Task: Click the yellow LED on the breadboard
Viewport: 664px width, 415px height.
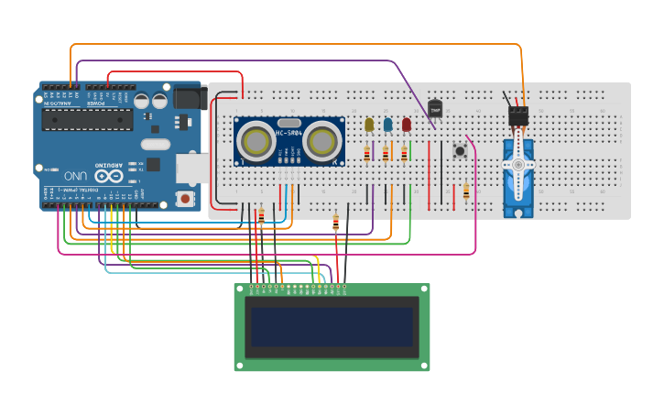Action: [x=369, y=126]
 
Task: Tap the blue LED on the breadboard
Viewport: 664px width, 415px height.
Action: [x=387, y=126]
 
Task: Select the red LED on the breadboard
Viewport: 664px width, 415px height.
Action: [x=407, y=126]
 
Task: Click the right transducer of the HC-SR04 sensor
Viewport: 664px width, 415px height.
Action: [x=322, y=140]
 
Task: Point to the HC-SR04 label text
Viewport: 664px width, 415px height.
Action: [x=288, y=134]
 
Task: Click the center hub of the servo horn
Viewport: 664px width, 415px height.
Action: [x=518, y=165]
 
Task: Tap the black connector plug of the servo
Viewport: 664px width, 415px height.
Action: [x=519, y=115]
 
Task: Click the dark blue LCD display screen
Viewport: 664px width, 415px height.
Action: [x=332, y=327]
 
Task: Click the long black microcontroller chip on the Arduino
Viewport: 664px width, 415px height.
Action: [x=87, y=119]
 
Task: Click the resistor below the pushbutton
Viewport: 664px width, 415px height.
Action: [x=466, y=191]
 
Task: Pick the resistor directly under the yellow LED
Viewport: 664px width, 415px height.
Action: [x=367, y=154]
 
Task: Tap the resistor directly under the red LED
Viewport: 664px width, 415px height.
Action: [x=404, y=154]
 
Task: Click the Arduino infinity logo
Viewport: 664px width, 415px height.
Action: [x=106, y=175]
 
